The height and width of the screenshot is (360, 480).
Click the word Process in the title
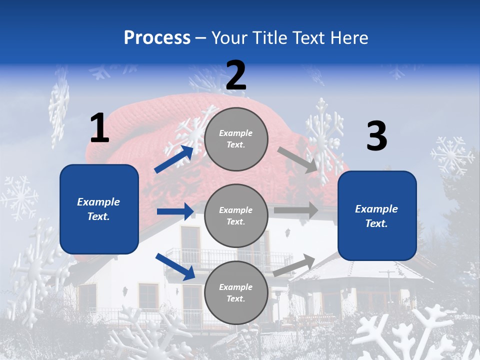click(157, 38)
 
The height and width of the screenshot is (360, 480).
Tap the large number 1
click(99, 128)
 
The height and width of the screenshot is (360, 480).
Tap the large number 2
click(236, 75)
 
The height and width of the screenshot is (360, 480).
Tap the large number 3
click(376, 136)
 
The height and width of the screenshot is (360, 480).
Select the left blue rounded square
click(99, 209)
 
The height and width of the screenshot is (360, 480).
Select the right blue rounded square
click(377, 216)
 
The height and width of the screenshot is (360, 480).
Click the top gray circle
click(236, 139)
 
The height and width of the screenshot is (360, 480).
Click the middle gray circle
click(236, 215)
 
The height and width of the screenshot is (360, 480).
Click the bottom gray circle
click(236, 292)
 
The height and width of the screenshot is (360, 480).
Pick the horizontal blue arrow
click(175, 211)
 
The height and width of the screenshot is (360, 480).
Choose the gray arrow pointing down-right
click(298, 160)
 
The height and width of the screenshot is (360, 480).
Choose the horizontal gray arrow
click(296, 210)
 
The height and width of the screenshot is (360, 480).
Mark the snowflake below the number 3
click(451, 156)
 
